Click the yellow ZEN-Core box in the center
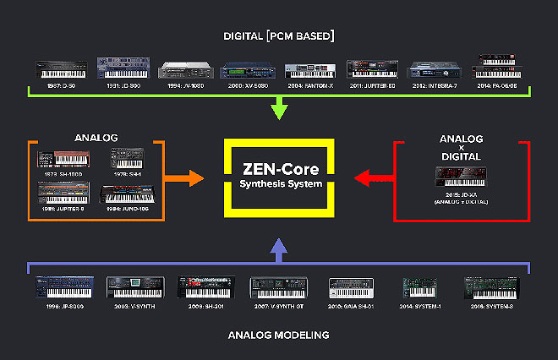pyautogui.click(x=279, y=178)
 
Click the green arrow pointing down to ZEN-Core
pyautogui.click(x=279, y=108)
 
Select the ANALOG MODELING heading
pyautogui.click(x=278, y=335)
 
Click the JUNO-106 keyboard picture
pyautogui.click(x=125, y=194)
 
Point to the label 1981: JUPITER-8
pyautogui.click(x=64, y=210)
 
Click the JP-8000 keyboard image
pyautogui.click(x=62, y=287)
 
